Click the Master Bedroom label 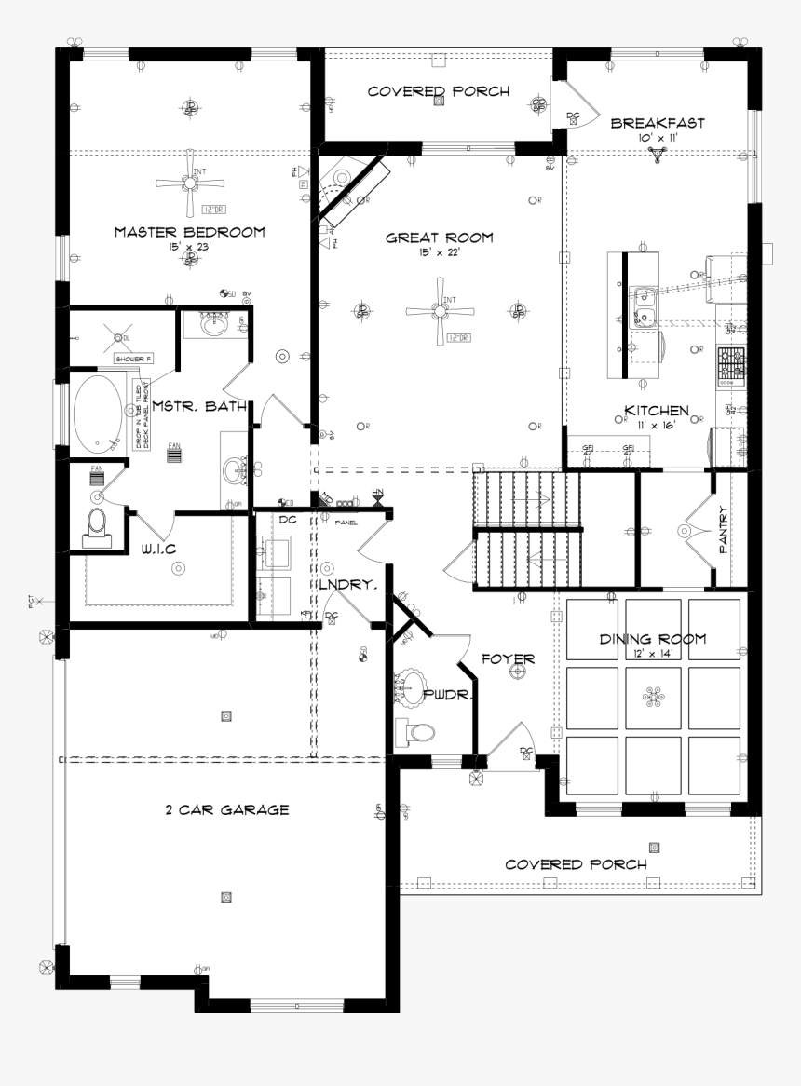click(x=189, y=232)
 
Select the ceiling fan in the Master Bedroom click(x=190, y=183)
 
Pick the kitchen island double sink click(x=641, y=308)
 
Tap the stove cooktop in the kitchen click(x=731, y=366)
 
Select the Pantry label click(x=723, y=530)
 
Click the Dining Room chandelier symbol click(x=652, y=698)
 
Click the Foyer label click(x=508, y=659)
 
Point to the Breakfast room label click(x=658, y=123)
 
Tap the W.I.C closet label click(x=158, y=549)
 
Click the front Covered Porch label click(x=576, y=864)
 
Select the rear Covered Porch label click(x=438, y=91)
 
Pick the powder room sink click(x=410, y=690)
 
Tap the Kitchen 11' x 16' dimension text click(x=657, y=424)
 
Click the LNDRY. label click(x=347, y=585)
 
